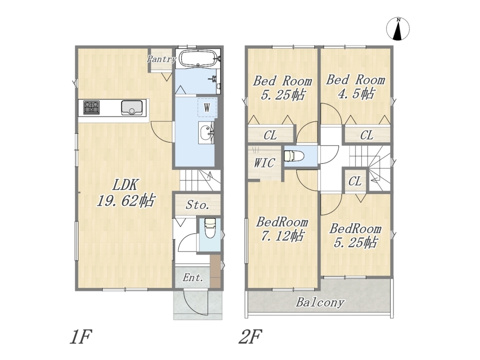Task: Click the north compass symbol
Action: coord(398,29)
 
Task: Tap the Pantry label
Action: coord(161,59)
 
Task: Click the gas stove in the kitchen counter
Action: coord(91,107)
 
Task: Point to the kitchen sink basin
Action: coord(132,107)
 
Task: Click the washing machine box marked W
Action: coord(207,107)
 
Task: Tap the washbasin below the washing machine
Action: coord(206,133)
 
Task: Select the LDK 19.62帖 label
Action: coord(126,193)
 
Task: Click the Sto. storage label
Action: coord(198,205)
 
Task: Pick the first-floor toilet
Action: coord(210,228)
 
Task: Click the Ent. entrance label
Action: coord(193,278)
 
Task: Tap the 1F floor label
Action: coord(81,337)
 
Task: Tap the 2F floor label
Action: coord(250,337)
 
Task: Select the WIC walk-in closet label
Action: coord(264,163)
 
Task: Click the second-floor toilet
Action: coord(294,156)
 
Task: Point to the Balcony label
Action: coord(320,302)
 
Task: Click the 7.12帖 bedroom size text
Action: coord(283,236)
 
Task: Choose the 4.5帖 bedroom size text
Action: coord(356,93)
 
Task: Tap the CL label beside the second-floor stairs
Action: coord(355,181)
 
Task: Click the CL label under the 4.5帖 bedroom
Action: coord(367,135)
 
